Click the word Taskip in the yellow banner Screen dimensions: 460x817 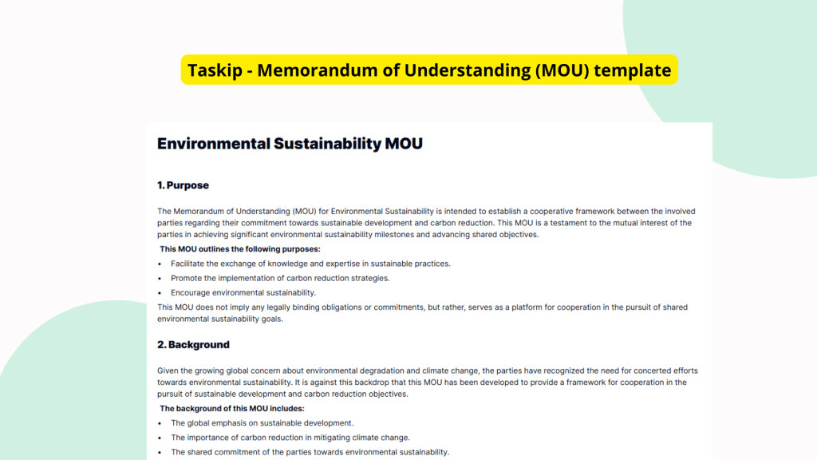click(213, 70)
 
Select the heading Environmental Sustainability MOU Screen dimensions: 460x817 click(290, 144)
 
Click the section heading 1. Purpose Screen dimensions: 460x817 click(183, 185)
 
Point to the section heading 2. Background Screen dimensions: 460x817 click(193, 345)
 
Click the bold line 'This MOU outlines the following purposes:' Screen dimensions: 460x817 click(240, 249)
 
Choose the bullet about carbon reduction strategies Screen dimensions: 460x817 click(280, 278)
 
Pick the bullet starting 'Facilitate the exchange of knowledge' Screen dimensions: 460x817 click(310, 264)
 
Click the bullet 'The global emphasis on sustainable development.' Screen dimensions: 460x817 click(262, 423)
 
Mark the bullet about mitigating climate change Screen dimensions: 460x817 click(290, 438)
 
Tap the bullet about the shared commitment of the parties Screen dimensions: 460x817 click(310, 452)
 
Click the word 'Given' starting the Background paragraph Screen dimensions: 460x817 click(168, 371)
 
